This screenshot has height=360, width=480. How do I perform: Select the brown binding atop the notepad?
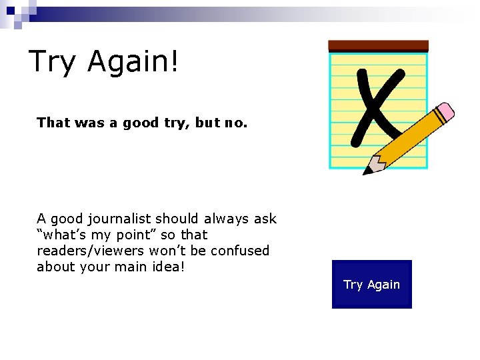[x=378, y=46]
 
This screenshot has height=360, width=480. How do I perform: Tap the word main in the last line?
[x=138, y=267]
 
